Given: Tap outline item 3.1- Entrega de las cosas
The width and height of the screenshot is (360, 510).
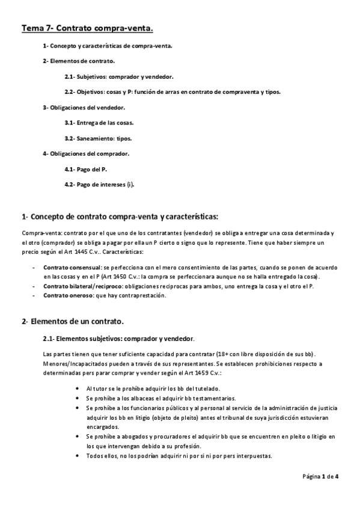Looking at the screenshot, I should [x=99, y=123].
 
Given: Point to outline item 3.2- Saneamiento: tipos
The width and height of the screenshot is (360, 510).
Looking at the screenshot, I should [x=99, y=138].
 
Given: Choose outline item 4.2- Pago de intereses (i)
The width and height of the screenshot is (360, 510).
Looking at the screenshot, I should [x=99, y=185].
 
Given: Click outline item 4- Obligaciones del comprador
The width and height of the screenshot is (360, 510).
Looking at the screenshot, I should [x=86, y=153].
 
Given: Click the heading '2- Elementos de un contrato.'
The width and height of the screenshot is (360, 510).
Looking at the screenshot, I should [x=73, y=322].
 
